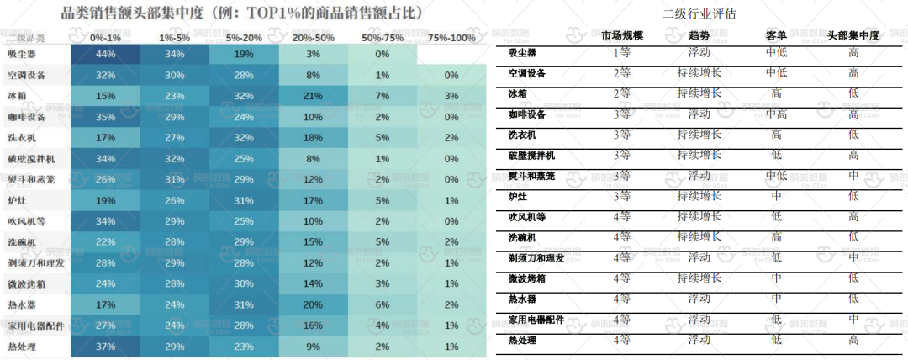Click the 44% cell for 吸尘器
[x=106, y=54]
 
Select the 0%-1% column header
[x=106, y=38]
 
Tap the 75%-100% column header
[x=451, y=38]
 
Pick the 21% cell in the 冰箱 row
[x=313, y=95]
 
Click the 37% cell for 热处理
[x=106, y=347]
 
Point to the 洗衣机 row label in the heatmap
[x=24, y=136]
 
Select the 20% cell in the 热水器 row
[x=313, y=304]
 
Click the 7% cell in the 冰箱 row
[x=382, y=95]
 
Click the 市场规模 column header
[x=622, y=36]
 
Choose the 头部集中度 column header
[x=853, y=36]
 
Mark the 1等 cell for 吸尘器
[x=622, y=52]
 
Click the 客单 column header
[x=776, y=36]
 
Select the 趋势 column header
[x=699, y=36]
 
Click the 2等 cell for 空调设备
[x=622, y=72]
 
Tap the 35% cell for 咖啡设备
[x=106, y=116]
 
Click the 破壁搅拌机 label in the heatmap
[x=30, y=157]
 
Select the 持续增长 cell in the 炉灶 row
[x=699, y=196]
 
